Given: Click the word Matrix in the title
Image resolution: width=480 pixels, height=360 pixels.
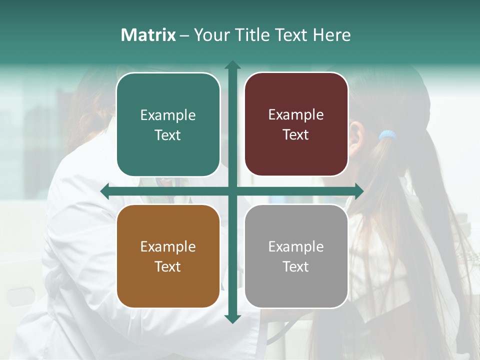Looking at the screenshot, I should [x=148, y=35].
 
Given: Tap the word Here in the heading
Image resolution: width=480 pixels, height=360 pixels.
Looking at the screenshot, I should [x=331, y=35].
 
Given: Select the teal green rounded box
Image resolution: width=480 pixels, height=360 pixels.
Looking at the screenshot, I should [x=168, y=125].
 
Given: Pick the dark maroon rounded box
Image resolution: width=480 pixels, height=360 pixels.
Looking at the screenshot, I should [x=296, y=125].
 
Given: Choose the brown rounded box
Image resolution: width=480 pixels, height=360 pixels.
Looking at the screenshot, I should [x=168, y=256].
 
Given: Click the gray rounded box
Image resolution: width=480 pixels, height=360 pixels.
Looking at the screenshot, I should [x=296, y=256].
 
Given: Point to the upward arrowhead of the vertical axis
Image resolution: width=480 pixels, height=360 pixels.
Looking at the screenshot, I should [x=232, y=65].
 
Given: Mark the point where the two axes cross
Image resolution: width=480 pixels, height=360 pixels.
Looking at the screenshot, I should [x=232, y=191].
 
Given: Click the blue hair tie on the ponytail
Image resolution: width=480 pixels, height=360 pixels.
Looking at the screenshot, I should [x=387, y=135].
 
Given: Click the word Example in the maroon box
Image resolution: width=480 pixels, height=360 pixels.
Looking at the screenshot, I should [x=296, y=115].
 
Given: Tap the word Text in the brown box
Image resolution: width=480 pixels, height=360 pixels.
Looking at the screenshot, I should [x=168, y=266].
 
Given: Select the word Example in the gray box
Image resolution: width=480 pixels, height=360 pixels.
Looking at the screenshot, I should [x=296, y=246].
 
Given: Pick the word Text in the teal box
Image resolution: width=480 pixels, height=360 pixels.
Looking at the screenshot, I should [x=168, y=135].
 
